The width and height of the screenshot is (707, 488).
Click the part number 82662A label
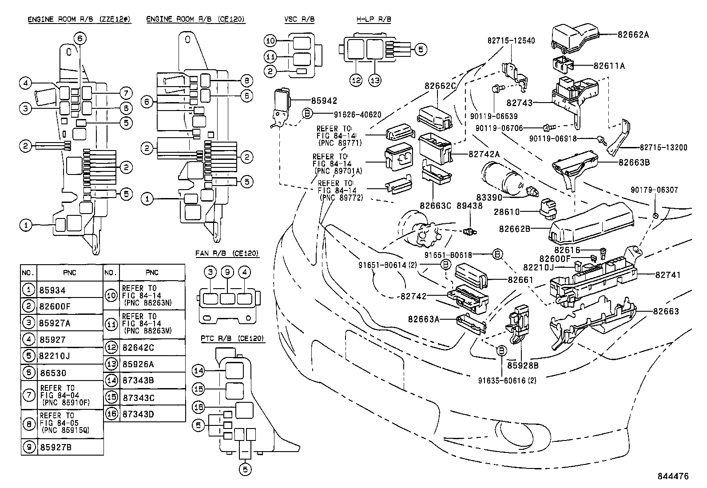pos(633,34)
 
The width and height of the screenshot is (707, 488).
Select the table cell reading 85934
pos(53,290)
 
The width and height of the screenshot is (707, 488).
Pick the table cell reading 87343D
pos(138,414)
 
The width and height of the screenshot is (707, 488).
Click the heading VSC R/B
pos(299,20)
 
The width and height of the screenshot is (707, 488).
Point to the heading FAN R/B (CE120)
pos(227,254)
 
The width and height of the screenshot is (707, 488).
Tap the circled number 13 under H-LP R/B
pos(375,80)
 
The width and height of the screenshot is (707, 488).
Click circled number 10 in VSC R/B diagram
pos(270,41)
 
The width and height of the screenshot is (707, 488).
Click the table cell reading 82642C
pos(138,347)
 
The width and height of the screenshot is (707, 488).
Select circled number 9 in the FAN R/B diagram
pos(227,271)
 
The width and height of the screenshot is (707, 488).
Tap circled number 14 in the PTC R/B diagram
pos(198,370)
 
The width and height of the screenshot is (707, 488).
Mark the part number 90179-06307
pos(654,190)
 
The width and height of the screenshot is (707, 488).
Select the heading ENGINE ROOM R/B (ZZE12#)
pos(79,20)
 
